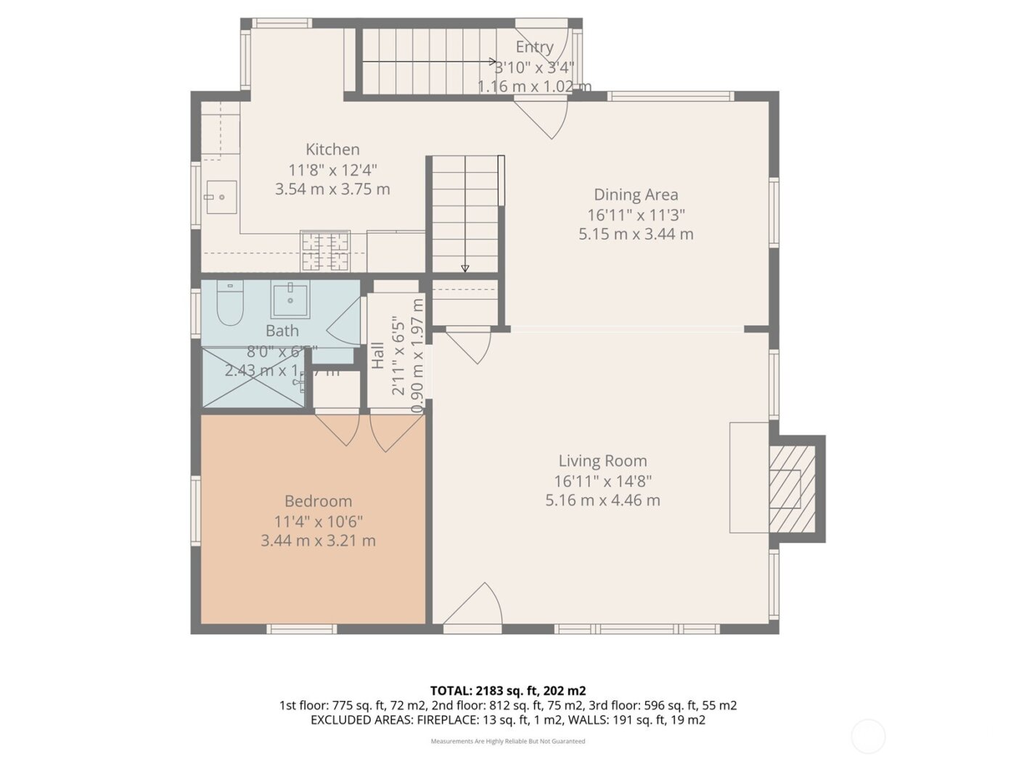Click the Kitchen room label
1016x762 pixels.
coord(332,149)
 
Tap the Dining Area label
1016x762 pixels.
coord(636,194)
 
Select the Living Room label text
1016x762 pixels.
coord(602,461)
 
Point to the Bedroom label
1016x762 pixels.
coord(318,501)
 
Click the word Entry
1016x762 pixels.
coord(534,47)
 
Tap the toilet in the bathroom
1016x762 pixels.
coord(229,304)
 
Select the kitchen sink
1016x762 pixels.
coord(221,197)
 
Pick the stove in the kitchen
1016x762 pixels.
coord(324,251)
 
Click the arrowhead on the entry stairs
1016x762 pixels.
coord(493,62)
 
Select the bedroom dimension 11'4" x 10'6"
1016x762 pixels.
coord(318,521)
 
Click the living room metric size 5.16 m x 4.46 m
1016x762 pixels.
coord(602,500)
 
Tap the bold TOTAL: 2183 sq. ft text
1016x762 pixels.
coord(507,690)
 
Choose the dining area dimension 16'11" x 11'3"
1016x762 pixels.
coord(636,215)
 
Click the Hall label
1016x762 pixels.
coord(378,356)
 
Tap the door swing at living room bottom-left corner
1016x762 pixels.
coord(472,606)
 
